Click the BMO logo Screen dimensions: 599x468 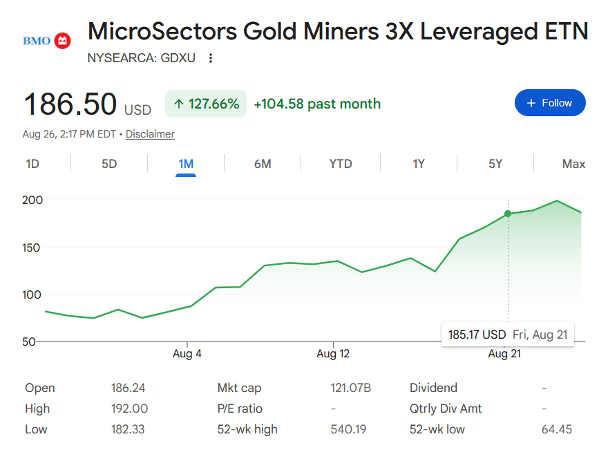point(47,41)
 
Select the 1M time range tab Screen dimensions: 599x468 point(186,164)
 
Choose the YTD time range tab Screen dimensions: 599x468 point(341,164)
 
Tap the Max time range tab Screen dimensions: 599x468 point(573,164)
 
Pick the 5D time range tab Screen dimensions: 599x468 point(109,164)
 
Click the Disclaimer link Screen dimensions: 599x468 point(150,134)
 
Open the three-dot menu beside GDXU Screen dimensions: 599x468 point(211,58)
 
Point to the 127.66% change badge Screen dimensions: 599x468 point(206,104)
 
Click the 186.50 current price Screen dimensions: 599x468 point(70,104)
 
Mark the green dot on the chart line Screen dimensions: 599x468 point(508,214)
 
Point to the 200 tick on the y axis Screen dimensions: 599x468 point(32,200)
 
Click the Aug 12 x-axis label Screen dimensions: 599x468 point(333,354)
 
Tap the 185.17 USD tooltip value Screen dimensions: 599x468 point(477,335)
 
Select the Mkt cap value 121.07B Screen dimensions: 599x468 point(351,388)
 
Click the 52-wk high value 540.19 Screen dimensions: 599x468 point(348,429)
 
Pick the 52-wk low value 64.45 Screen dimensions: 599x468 point(557,429)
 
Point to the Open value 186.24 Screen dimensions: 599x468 point(128,388)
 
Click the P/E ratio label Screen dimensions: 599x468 point(240,409)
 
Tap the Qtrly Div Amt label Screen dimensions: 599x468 point(446,409)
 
